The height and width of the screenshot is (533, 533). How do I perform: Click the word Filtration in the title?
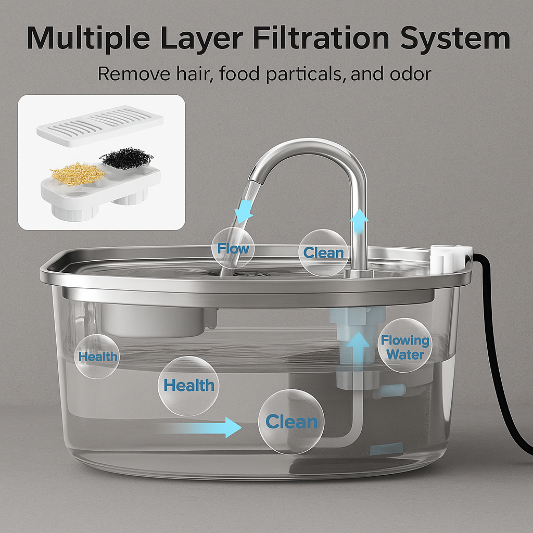321,38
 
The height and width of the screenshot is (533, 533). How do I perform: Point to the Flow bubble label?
233,248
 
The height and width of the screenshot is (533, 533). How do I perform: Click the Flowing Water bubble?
405,346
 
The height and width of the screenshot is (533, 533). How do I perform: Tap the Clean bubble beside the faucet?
324,252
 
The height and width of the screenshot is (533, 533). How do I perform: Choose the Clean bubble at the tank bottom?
291,422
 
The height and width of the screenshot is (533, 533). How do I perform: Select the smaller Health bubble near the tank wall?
97,356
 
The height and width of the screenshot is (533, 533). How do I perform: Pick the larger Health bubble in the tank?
188,386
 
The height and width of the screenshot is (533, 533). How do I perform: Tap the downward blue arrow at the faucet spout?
244,211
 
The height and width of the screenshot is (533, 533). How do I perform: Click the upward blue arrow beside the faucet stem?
359,221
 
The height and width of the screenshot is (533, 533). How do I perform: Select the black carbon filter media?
127,158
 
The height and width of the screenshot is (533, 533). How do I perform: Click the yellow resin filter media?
78,174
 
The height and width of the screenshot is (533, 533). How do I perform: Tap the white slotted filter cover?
100,126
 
